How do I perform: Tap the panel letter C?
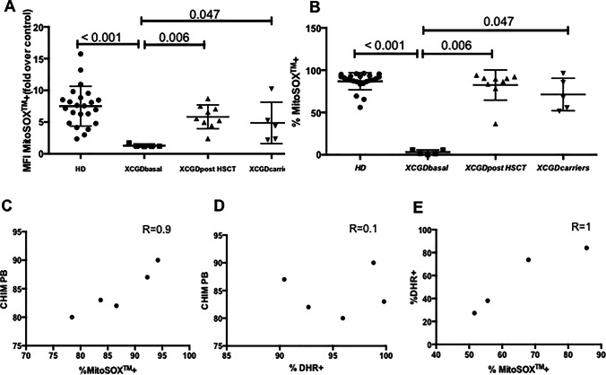pos(7,212)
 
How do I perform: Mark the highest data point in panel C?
pos(158,260)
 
